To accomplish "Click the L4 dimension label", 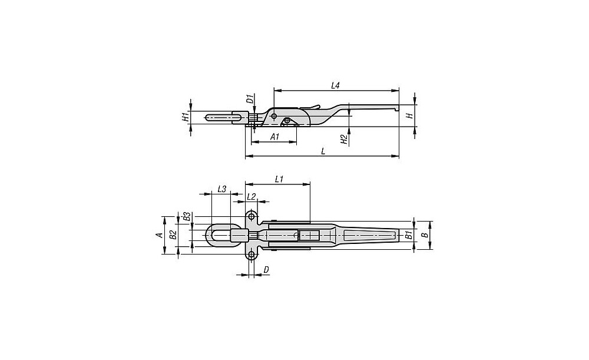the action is point(335,85).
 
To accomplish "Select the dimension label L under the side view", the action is point(323,151).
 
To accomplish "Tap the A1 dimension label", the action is point(274,137).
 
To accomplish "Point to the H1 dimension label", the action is point(185,117).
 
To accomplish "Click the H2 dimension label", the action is point(344,140).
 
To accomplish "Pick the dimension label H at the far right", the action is point(411,115).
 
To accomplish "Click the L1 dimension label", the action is point(279,179).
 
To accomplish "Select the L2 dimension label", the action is point(252,197).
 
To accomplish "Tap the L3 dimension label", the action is point(222,189).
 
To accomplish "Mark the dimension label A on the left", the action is point(159,235).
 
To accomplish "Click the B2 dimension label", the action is point(173,235).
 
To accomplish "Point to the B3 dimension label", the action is point(185,217).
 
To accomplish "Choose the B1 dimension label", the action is point(409,236).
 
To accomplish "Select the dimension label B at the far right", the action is point(424,235).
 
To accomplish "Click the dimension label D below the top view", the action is point(266,269).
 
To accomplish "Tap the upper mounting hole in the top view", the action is point(252,216).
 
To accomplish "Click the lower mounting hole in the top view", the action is point(252,255).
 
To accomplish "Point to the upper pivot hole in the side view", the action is point(274,115).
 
